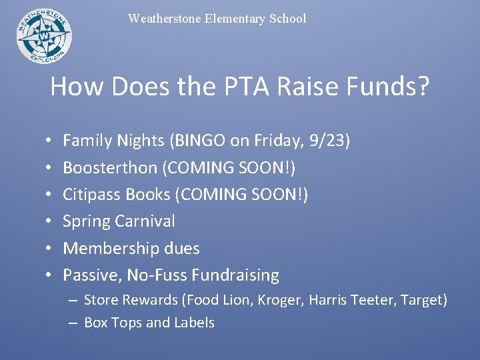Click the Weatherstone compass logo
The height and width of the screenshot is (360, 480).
coord(44,35)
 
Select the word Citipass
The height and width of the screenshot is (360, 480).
coord(91,194)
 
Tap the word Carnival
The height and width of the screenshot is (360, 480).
coord(145,221)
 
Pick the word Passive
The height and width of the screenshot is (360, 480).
coord(91,275)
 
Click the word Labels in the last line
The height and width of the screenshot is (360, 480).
coord(194,323)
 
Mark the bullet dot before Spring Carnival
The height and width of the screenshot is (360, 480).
coord(51,221)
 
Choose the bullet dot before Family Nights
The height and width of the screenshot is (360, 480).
coord(51,141)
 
